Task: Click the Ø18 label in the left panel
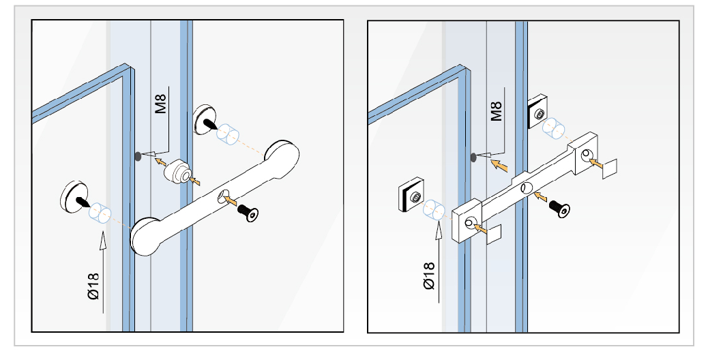(93, 286)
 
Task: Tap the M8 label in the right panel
(496, 110)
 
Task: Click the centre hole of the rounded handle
(222, 197)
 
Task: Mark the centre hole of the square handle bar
(527, 187)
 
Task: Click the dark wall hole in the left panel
(138, 156)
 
